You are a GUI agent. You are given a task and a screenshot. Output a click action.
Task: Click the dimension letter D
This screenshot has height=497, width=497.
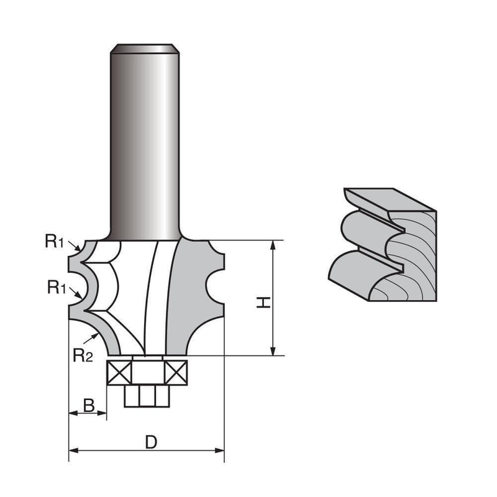point(150,442)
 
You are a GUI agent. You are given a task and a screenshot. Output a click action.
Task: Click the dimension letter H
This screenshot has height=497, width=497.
point(263,303)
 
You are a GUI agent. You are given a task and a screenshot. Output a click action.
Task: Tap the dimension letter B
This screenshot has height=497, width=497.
point(89,406)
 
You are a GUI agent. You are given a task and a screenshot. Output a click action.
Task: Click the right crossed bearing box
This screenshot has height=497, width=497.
point(176,373)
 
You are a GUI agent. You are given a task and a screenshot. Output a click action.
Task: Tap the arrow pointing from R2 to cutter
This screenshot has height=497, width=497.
point(96,336)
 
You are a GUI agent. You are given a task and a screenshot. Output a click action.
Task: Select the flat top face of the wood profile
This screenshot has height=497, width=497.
point(391,198)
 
